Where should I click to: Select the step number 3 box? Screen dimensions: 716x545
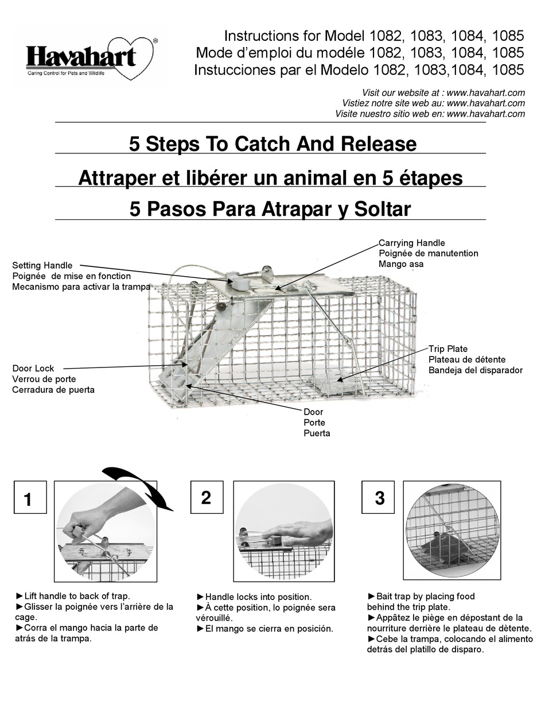coord(379,497)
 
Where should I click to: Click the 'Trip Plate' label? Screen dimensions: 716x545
coord(448,349)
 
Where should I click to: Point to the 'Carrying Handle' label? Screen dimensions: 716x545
coord(411,243)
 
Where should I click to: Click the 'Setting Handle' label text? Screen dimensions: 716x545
coord(42,265)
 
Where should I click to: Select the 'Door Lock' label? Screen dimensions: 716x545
coord(33,369)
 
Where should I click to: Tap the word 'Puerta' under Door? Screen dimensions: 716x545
coord(317,433)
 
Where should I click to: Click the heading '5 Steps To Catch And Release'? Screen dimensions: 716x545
coord(272,144)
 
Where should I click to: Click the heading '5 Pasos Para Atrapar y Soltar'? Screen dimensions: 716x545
coord(270,209)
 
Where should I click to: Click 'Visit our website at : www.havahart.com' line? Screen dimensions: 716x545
coord(443,92)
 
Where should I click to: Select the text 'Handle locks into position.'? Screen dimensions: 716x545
coord(258,597)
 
